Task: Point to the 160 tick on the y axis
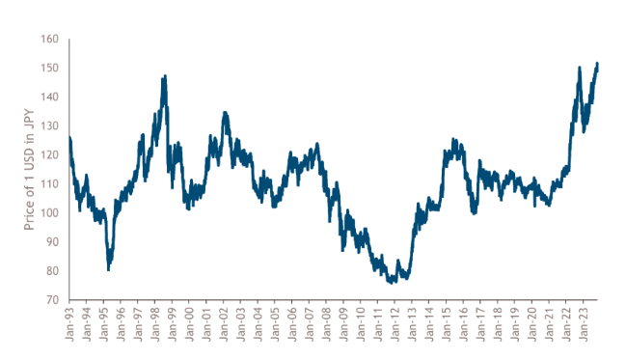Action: click(x=50, y=40)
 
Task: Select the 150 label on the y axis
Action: click(x=50, y=69)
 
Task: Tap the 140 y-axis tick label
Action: click(x=50, y=97)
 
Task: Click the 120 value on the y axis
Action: click(x=50, y=155)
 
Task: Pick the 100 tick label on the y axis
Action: click(x=50, y=213)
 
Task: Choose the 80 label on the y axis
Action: click(x=52, y=271)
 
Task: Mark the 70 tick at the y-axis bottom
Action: click(x=52, y=300)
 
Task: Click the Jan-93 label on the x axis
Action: click(x=70, y=323)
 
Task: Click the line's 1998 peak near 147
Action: click(x=165, y=76)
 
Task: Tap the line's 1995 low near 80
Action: click(x=109, y=269)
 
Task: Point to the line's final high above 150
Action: click(x=598, y=64)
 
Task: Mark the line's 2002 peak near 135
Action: click(x=225, y=113)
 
